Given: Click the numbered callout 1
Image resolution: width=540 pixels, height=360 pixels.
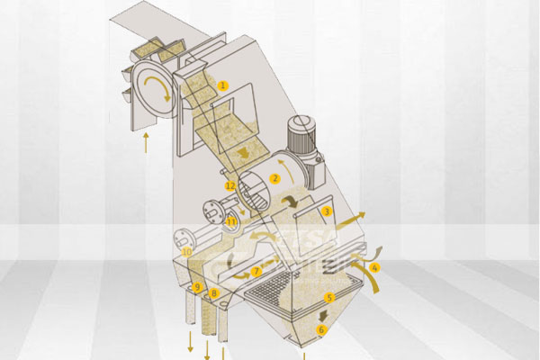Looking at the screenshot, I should click(223, 85).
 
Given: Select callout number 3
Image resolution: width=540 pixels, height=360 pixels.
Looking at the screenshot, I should click(328, 211).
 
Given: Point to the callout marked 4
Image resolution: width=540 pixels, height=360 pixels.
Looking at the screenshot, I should click(375, 267).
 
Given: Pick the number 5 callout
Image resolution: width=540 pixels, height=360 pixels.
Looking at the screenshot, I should click(328, 297).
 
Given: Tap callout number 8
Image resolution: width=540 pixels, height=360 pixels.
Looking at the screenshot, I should click(214, 293).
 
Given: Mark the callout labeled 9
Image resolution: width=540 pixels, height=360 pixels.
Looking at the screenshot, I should click(197, 287).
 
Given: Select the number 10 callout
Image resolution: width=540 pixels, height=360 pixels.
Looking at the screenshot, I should click(186, 252).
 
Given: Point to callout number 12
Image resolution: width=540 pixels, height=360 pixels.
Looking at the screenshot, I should click(230, 185).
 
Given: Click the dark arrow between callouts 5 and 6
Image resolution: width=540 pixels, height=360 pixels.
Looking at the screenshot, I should click(323, 314).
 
